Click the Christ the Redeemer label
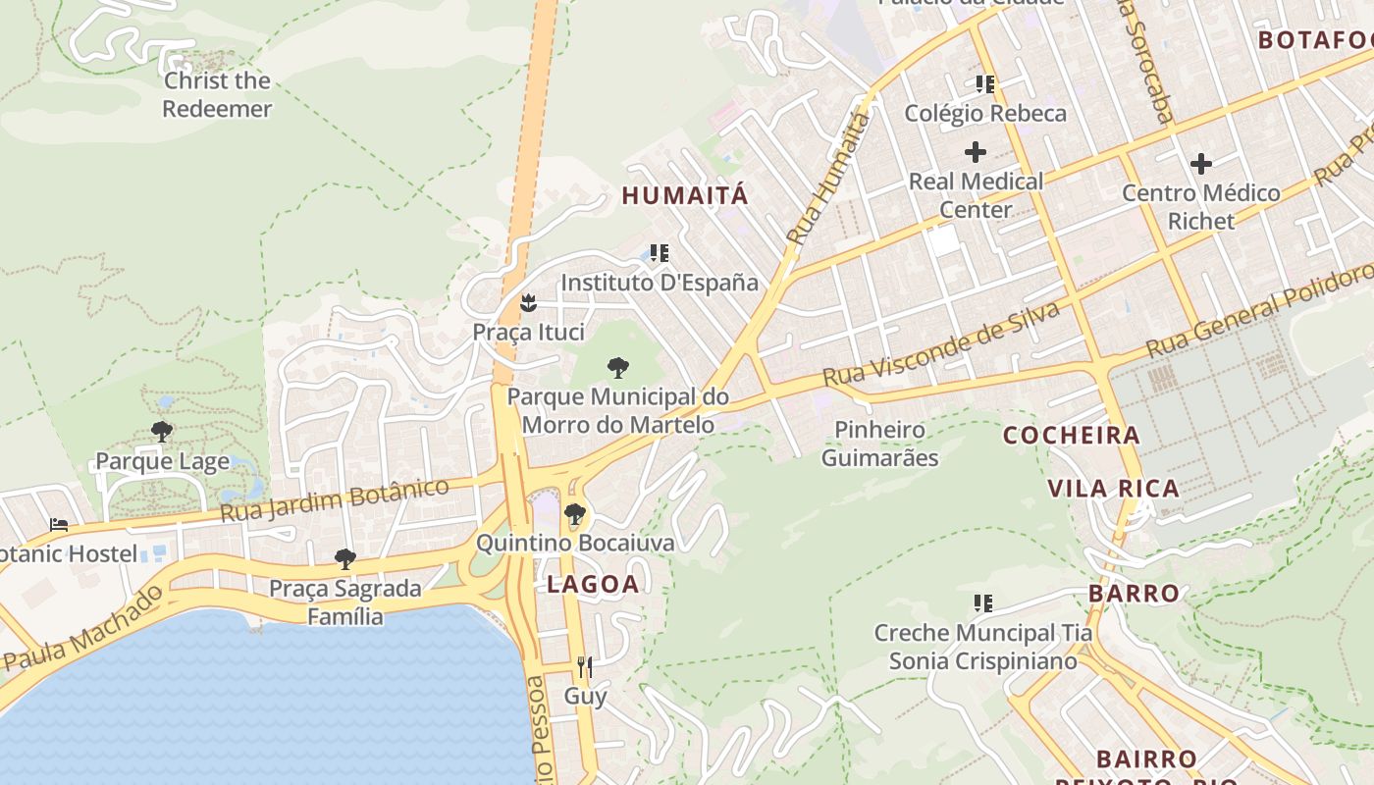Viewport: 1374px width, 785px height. pos(217,94)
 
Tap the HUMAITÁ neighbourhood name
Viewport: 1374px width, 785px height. pos(685,195)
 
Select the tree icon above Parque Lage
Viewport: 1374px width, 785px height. pos(162,432)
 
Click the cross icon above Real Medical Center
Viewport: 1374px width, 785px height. pos(975,152)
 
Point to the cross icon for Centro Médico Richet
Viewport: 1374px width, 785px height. pos(1200,164)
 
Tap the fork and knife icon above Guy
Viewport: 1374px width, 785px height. pos(584,667)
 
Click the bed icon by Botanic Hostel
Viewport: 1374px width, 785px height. pos(59,525)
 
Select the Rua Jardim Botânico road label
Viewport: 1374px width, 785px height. pos(334,500)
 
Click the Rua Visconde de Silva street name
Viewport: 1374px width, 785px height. pos(941,344)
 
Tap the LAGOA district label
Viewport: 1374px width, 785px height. pos(593,585)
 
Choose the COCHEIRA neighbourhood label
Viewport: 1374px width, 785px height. pos(1072,436)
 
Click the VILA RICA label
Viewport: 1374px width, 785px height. pos(1113,489)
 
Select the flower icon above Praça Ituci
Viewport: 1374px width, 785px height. pos(528,303)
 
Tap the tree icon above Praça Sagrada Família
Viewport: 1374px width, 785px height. pos(344,559)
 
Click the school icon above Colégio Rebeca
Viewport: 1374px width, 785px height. pos(984,84)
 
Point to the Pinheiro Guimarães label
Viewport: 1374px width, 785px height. pos(879,444)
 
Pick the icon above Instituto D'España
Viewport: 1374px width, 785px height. pos(659,253)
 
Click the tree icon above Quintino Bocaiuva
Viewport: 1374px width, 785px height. pos(575,513)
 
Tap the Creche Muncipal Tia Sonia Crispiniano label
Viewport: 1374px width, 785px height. pos(982,647)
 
